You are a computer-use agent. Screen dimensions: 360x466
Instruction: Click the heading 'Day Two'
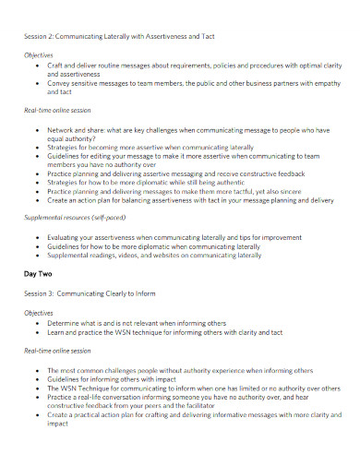38,274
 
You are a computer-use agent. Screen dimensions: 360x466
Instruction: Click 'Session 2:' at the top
40,36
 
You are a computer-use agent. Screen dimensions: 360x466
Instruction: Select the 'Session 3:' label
41,293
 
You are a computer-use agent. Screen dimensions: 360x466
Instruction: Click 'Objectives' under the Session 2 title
39,55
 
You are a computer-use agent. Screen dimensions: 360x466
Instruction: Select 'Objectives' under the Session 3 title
39,313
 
